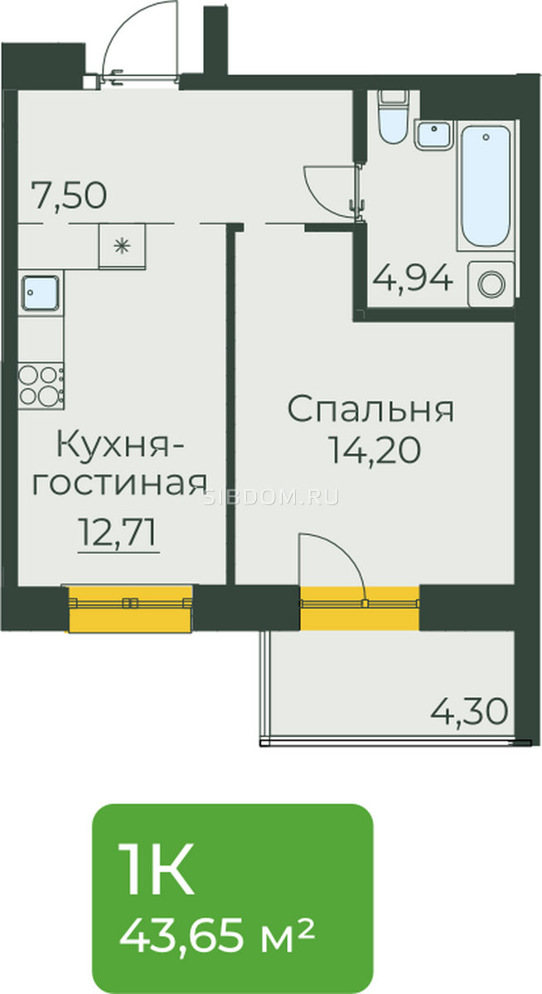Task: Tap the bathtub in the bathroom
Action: pos(485,186)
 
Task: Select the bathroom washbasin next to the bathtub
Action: pos(434,134)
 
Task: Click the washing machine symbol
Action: pos(491,284)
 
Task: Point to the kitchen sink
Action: pos(41,292)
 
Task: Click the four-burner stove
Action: pos(41,386)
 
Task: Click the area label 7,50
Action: pos(70,196)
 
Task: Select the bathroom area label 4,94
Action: pos(413,277)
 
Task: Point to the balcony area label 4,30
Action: pos(469,711)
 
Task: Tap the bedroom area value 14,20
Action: pos(374,450)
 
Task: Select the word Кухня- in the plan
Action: pos(121,445)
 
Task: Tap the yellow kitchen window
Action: pos(129,609)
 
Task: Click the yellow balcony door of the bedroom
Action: pos(360,608)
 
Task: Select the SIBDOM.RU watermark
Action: pos(271,498)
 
